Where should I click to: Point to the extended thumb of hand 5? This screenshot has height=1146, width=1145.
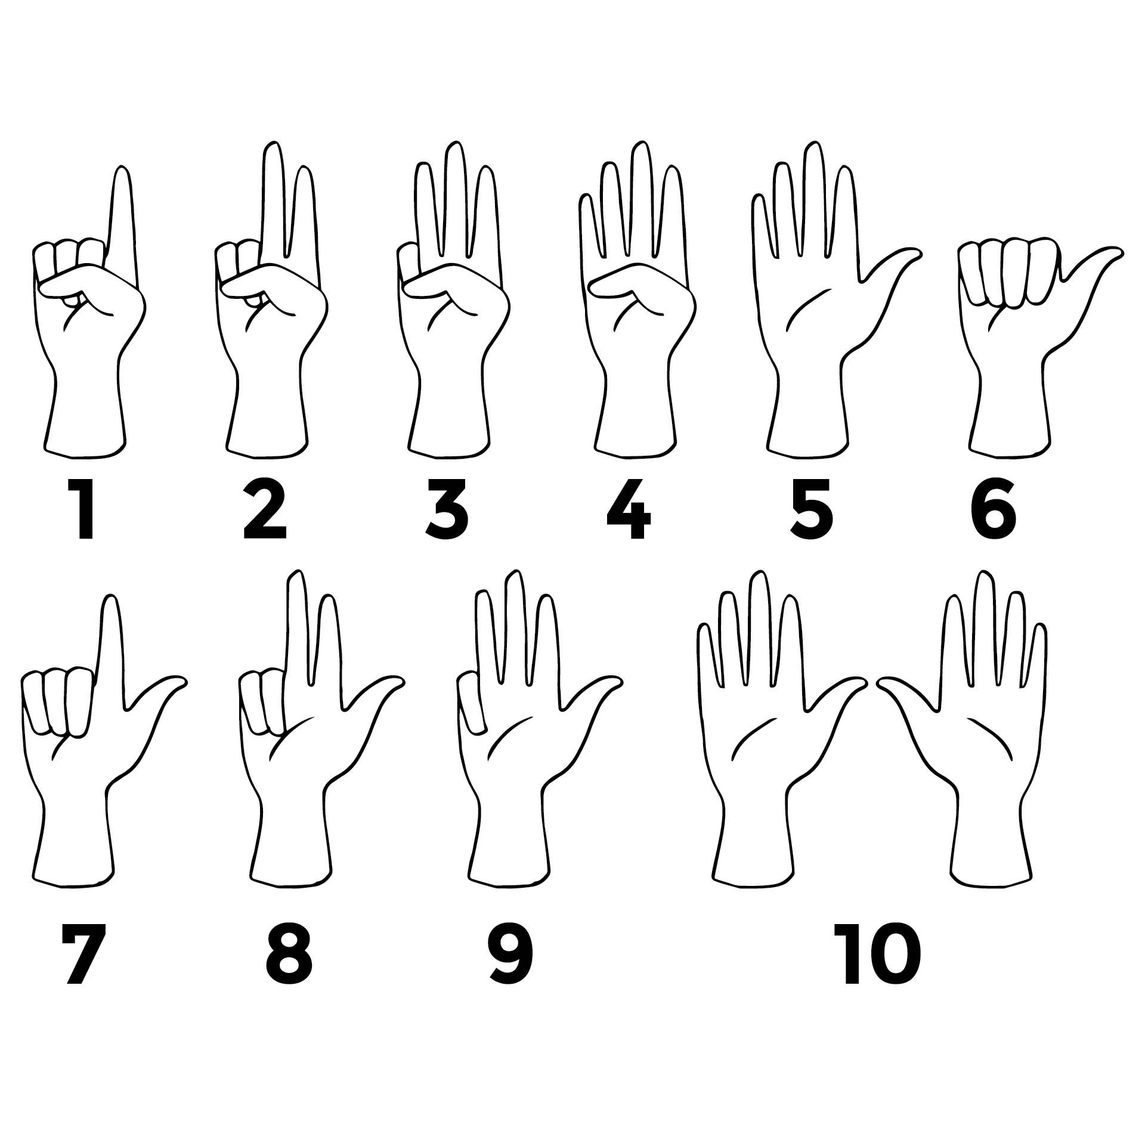click(895, 262)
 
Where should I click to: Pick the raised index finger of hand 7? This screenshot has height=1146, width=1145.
click(110, 644)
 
